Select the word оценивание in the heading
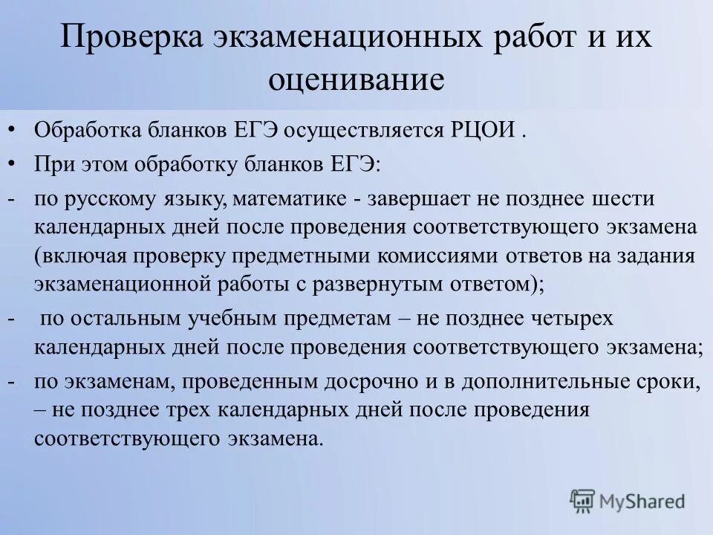[x=356, y=78]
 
